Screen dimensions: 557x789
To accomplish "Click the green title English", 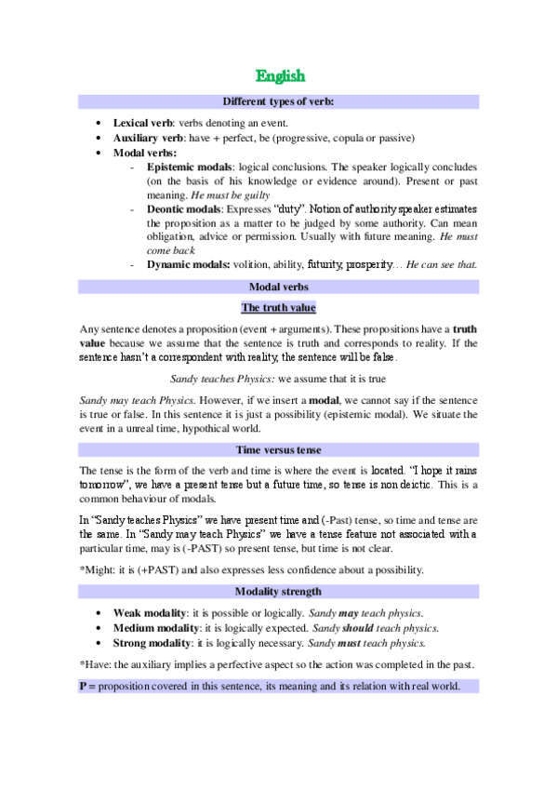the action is tap(280, 75).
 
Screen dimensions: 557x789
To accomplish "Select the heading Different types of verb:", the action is tap(279, 100).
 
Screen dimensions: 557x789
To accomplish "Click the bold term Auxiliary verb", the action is tap(151, 138).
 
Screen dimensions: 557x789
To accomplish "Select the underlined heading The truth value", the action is tap(279, 308).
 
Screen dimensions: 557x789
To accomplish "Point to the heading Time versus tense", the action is tap(279, 450).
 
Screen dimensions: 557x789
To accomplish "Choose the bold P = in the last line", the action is tap(88, 686).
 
